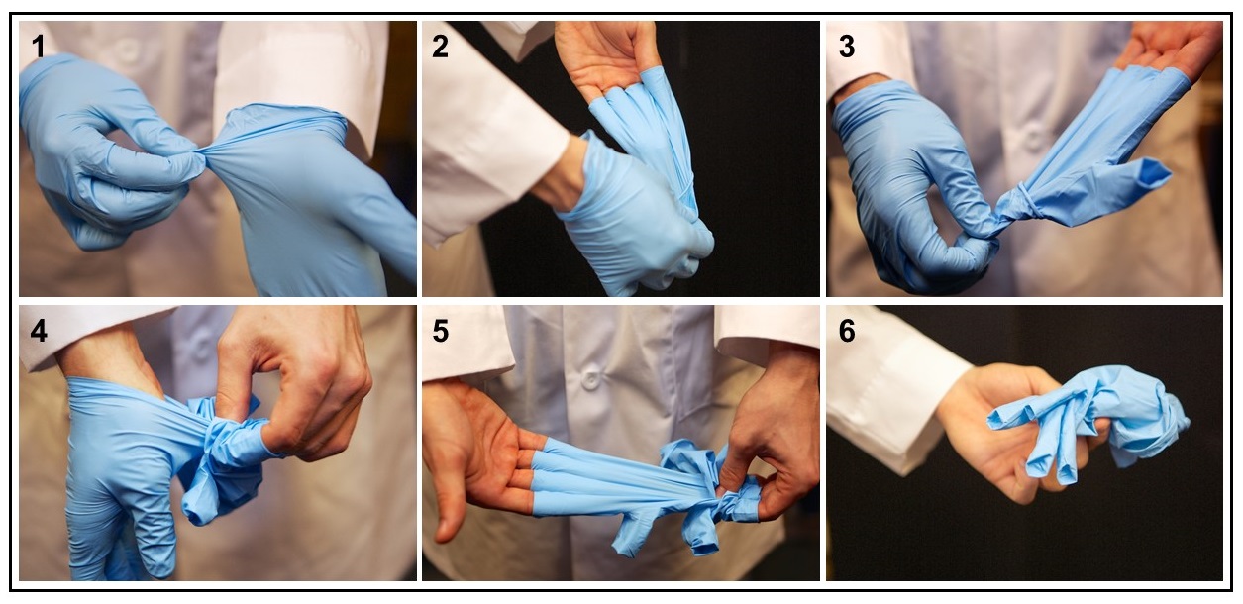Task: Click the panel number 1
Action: click(x=38, y=47)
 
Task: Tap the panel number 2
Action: click(x=440, y=47)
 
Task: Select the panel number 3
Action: click(x=847, y=47)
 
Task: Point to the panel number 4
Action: click(x=39, y=331)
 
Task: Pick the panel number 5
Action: click(x=440, y=331)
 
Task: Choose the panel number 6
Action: click(x=847, y=331)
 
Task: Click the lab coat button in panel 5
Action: click(x=590, y=380)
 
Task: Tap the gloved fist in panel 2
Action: click(x=638, y=222)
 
